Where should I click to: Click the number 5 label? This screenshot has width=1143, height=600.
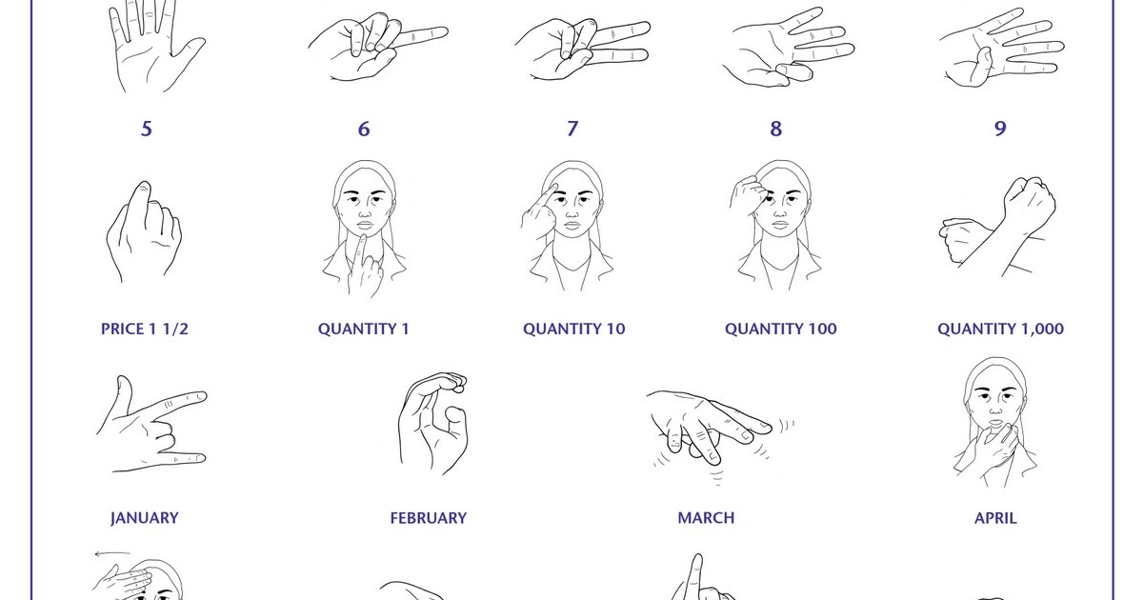146,129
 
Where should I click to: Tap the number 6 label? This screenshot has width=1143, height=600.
364,129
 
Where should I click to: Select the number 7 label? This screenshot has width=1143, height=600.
572,129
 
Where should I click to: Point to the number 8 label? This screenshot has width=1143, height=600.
776,129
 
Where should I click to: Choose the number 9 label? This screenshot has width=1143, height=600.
1000,129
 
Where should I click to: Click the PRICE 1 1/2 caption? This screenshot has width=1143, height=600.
151,329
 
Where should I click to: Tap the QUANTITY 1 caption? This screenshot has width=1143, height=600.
364,329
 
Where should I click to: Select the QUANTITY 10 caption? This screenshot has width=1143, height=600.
574,329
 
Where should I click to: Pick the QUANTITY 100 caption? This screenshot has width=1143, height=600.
781,329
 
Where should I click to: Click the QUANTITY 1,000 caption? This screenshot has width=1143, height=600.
1000,329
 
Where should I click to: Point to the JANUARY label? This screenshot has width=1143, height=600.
145,518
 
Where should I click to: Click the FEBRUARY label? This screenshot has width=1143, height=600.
429,518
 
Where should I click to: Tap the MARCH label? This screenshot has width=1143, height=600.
706,518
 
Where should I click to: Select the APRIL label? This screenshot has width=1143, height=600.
995,518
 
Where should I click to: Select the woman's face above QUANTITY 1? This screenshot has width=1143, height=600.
364,205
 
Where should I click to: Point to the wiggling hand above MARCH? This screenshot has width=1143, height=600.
710,424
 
